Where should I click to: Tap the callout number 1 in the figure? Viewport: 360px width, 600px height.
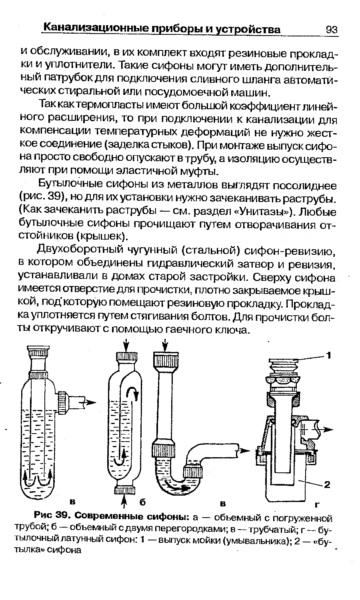[329, 356]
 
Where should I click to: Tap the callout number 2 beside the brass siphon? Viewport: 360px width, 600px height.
[327, 484]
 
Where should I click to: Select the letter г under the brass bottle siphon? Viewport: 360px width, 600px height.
[317, 505]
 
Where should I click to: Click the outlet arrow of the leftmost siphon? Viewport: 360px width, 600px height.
[90, 402]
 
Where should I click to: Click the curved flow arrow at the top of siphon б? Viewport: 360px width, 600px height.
[132, 392]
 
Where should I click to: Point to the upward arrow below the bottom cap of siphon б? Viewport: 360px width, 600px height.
[124, 501]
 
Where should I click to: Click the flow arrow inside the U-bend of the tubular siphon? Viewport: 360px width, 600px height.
[176, 484]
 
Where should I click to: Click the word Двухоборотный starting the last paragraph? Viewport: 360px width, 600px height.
[80, 250]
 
